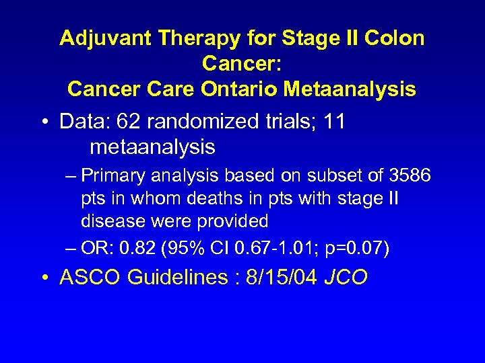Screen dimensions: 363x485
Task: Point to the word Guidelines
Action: [x=176, y=278]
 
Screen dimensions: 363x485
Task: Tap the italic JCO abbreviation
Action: [x=346, y=278]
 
